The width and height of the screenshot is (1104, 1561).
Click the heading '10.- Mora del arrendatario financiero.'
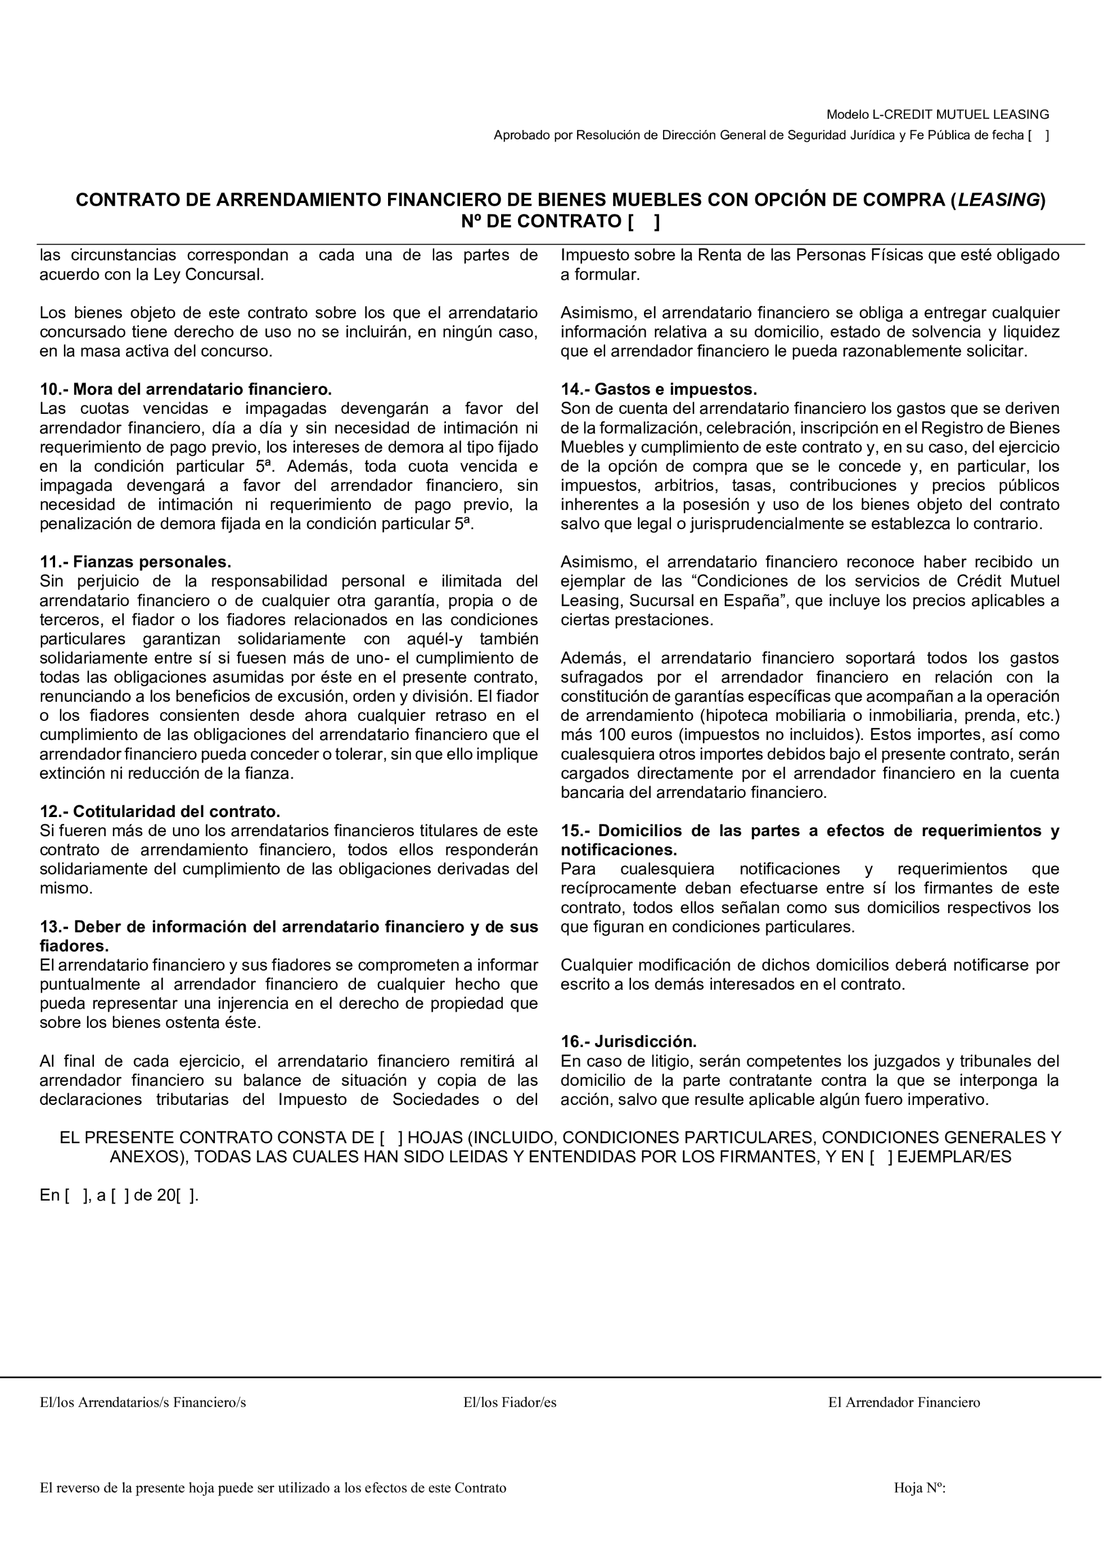pos(186,390)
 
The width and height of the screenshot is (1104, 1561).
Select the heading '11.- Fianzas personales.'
pos(136,562)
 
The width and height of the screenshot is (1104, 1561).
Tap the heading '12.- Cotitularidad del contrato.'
pos(160,812)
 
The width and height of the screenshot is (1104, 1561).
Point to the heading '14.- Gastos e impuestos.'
pos(658,390)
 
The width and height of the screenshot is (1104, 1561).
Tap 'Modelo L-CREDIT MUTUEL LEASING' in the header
pos(938,114)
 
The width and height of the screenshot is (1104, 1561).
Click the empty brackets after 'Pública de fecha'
pos(1038,136)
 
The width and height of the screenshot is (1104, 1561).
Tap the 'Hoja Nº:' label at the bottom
pos(920,1488)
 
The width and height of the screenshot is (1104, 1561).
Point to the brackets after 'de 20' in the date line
pos(187,1195)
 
